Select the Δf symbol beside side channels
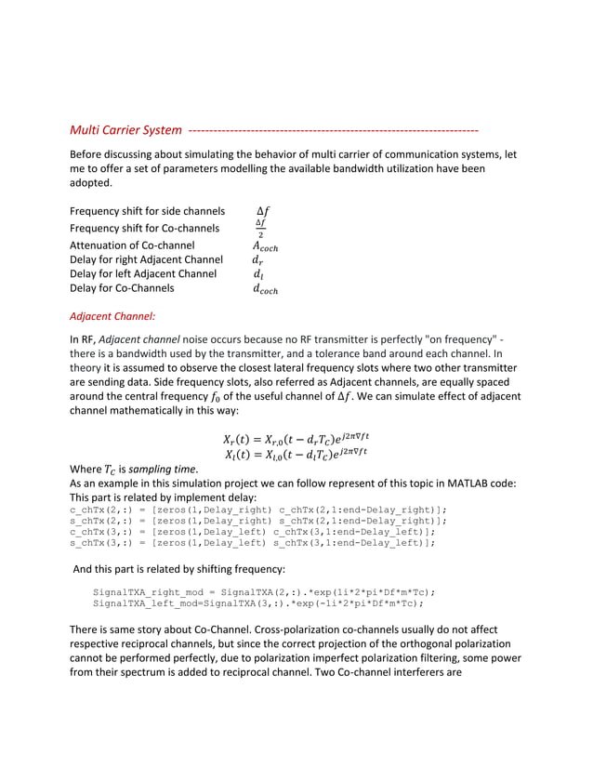(x=261, y=211)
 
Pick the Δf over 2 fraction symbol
(x=260, y=228)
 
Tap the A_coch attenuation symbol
(x=265, y=245)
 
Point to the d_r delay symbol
(x=258, y=259)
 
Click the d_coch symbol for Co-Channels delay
(x=265, y=289)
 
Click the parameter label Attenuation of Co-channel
(x=133, y=245)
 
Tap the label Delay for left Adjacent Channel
(x=143, y=274)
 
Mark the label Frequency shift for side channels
(x=148, y=211)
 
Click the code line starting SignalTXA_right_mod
(x=264, y=591)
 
